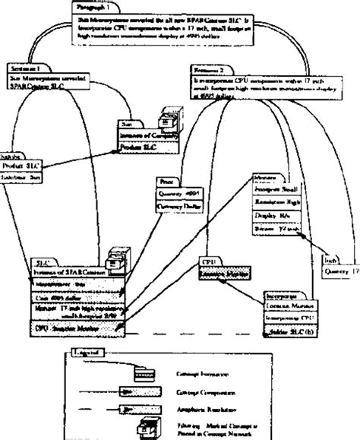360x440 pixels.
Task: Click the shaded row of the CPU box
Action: click(x=227, y=269)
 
